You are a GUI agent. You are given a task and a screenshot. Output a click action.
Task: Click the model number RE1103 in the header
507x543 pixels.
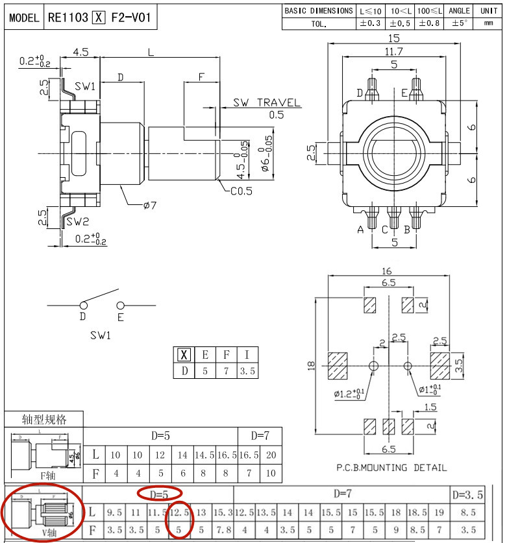tap(68, 18)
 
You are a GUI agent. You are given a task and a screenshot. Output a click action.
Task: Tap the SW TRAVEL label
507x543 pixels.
tap(267, 103)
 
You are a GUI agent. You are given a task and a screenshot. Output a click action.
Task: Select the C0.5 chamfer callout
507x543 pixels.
tap(241, 191)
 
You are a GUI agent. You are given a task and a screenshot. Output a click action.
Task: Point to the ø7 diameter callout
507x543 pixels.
tap(150, 206)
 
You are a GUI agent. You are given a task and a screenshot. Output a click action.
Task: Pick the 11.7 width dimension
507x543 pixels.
tap(393, 51)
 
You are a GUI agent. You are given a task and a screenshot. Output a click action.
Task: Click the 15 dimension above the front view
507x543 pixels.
tap(393, 38)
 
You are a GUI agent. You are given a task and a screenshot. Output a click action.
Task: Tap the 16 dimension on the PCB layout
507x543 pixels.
tap(388, 271)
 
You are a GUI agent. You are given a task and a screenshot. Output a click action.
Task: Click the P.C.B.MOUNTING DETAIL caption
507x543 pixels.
tap(391, 467)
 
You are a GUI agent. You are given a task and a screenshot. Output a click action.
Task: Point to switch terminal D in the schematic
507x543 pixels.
tap(82, 305)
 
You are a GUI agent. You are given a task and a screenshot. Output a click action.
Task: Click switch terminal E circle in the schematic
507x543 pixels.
tap(120, 305)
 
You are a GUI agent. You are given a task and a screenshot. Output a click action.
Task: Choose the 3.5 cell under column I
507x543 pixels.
tap(247, 371)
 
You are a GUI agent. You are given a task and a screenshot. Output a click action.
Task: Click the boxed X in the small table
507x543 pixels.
tap(184, 355)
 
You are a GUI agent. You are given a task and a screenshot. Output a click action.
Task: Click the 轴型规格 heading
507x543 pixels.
tap(44, 419)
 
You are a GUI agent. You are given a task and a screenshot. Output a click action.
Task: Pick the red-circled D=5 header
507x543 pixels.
tap(160, 494)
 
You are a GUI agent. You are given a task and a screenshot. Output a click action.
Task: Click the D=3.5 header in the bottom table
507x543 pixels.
tap(467, 495)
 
